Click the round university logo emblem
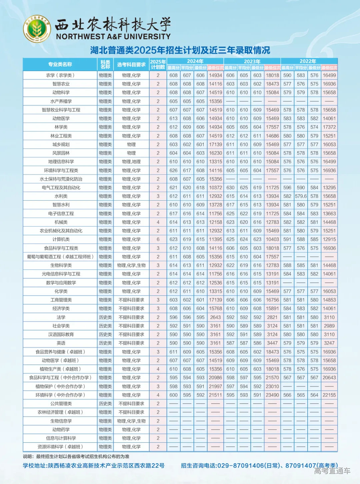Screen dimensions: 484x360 [x=37, y=29]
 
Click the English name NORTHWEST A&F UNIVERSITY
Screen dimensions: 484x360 [x=113, y=37]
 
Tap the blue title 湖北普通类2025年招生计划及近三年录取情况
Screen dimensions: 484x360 [x=180, y=50]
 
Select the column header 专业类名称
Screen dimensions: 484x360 [x=60, y=64]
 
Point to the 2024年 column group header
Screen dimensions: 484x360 [x=195, y=61]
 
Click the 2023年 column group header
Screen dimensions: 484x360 [x=252, y=61]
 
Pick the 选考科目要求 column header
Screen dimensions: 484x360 [x=131, y=64]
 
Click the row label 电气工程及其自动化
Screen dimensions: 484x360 [x=61, y=188]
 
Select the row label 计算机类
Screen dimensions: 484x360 [x=61, y=239]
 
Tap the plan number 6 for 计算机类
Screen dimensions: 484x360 [x=158, y=239]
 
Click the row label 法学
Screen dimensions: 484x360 [x=61, y=317]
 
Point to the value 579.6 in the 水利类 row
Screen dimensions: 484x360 [x=301, y=196]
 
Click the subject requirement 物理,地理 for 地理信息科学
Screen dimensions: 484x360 [x=131, y=162]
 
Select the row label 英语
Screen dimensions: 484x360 [x=61, y=343]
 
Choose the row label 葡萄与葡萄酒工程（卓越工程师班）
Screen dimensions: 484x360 [x=60, y=257]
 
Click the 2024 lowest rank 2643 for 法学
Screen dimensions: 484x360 [x=215, y=317]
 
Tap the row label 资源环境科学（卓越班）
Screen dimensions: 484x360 [x=60, y=447]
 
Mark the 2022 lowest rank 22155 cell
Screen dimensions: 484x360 [x=329, y=395]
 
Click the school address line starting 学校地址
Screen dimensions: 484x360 [x=94, y=466]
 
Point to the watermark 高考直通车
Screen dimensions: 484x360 [x=332, y=471]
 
